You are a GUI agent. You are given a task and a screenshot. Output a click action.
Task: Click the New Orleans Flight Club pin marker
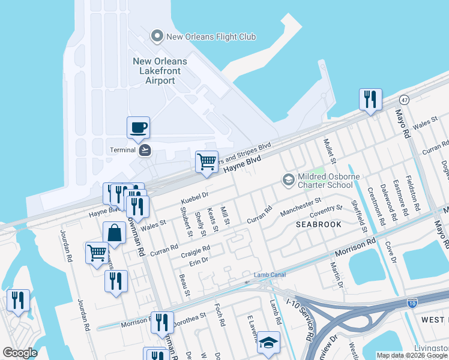tap(157, 37)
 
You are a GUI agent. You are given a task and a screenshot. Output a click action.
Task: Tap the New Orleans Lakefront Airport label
tap(160, 71)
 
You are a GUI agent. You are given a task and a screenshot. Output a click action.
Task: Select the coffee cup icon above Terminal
tap(138, 127)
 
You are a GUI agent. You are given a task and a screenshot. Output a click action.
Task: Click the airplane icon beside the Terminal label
tap(144, 150)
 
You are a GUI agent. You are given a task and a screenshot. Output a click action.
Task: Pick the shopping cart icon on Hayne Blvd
tap(206, 161)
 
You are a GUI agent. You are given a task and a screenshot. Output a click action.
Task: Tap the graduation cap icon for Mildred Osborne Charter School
tap(289, 179)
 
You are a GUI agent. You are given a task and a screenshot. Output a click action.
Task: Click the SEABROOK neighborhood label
tap(318, 224)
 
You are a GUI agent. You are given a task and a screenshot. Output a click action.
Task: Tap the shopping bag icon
tap(114, 232)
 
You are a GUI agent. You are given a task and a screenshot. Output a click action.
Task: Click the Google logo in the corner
tap(20, 353)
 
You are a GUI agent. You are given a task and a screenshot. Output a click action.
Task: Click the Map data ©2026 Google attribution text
tap(412, 355)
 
